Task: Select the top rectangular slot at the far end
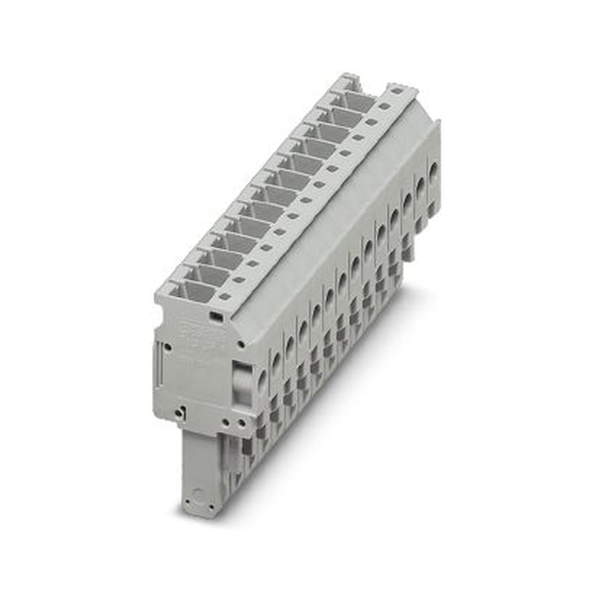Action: (x=357, y=101)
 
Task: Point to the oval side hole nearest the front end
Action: (x=262, y=381)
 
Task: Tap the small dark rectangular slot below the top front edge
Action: (x=217, y=318)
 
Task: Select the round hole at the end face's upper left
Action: (x=169, y=347)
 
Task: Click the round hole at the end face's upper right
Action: (x=241, y=343)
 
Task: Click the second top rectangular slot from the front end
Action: (x=205, y=276)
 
